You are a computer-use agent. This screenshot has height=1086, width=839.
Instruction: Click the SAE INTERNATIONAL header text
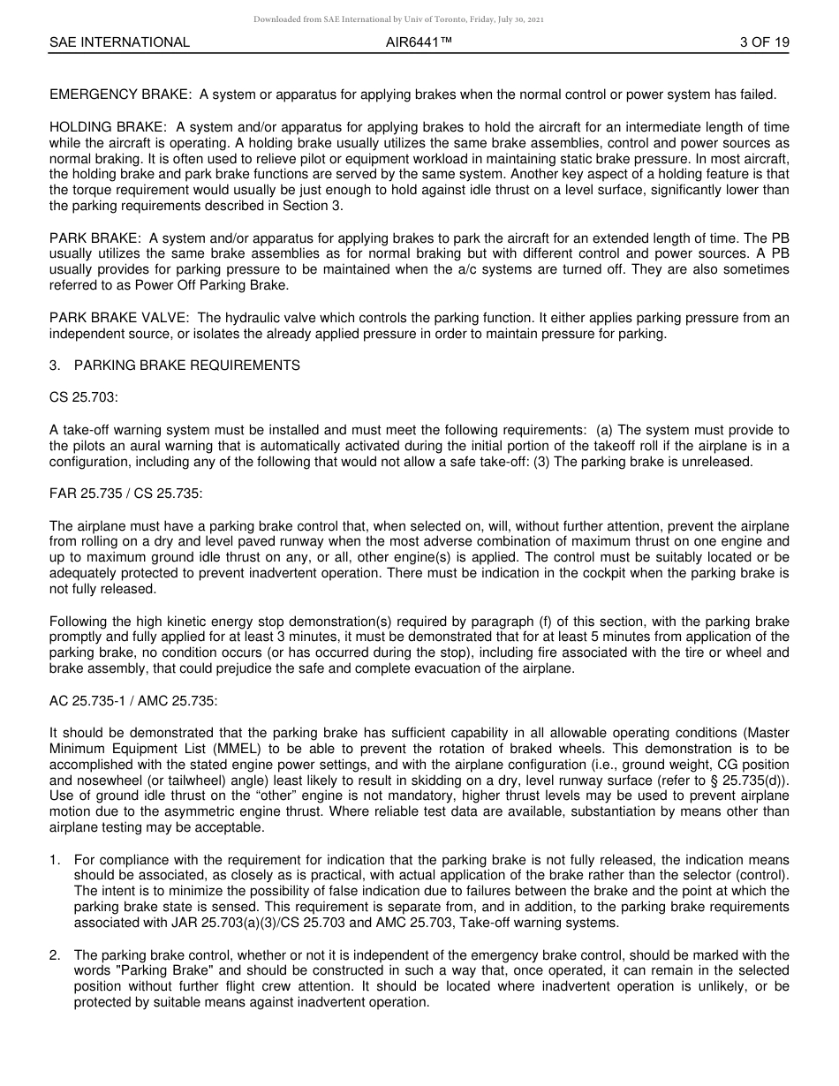[119, 42]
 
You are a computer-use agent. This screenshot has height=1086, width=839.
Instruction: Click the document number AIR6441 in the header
[419, 42]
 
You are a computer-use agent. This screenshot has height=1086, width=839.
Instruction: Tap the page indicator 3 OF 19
[765, 42]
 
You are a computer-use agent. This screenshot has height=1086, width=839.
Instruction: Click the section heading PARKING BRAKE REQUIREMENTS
[187, 366]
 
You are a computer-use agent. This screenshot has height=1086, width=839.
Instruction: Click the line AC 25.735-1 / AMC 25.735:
[133, 701]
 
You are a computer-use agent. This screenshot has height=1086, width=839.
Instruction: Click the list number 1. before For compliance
[55, 860]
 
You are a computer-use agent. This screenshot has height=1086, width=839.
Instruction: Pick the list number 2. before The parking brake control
[55, 955]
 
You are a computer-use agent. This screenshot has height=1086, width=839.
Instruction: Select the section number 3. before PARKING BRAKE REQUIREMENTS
[55, 366]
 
